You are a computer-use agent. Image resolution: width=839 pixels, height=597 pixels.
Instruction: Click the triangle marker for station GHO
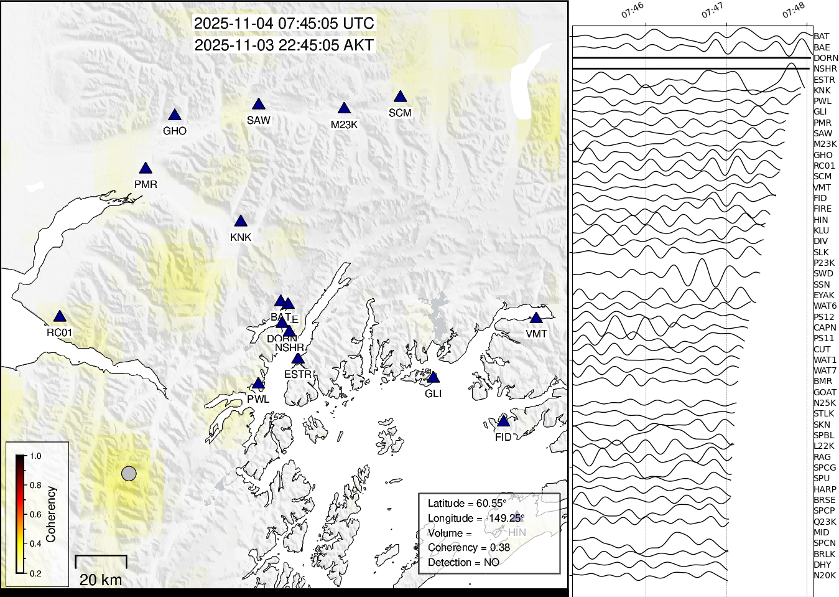coord(175,115)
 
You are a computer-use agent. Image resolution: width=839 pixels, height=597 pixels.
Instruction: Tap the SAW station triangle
coord(259,105)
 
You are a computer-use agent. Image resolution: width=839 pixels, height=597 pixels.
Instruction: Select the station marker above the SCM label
coord(400,97)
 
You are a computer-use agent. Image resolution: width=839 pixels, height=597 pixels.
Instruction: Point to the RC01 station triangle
coord(60,317)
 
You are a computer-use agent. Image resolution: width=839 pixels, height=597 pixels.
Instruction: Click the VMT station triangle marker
coord(536,318)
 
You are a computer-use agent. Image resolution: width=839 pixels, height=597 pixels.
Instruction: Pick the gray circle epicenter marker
coord(129,474)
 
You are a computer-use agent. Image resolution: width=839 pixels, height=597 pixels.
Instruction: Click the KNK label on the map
coord(241,237)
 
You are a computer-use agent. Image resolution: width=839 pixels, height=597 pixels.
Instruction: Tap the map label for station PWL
coord(258,399)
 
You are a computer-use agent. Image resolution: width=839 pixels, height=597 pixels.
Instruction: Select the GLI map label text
coord(433,393)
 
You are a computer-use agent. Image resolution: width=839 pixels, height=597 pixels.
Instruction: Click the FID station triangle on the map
coord(503,421)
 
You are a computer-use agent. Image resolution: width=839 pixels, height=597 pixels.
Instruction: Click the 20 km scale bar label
coord(101,580)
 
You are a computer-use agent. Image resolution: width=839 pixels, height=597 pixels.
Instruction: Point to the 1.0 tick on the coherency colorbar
coord(35,456)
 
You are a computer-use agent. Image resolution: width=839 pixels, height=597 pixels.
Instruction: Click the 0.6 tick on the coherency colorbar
coord(35,515)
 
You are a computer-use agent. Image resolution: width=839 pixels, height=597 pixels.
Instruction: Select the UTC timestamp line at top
coord(284,24)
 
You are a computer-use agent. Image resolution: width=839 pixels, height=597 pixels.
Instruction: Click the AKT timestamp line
coord(284,45)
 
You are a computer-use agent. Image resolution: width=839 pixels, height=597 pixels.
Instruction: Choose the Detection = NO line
coord(463,562)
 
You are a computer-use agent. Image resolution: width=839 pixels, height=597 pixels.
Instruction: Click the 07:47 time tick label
coord(713,11)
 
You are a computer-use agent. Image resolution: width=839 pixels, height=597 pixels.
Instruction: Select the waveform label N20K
coord(825,575)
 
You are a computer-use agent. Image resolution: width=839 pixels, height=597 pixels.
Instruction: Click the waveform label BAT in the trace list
coord(821,37)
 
